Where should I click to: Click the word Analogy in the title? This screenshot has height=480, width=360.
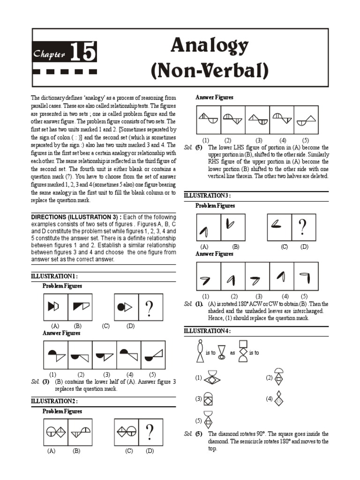[x=209, y=46]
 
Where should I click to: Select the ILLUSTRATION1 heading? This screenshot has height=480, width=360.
[x=54, y=276]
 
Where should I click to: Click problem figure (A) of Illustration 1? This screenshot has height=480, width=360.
[x=55, y=307]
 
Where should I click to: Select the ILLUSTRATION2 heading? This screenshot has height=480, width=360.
[x=54, y=401]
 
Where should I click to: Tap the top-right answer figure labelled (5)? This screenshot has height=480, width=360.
[x=306, y=120]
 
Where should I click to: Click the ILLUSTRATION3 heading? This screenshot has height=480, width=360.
[x=207, y=195]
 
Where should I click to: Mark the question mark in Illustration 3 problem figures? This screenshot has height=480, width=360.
[x=304, y=227]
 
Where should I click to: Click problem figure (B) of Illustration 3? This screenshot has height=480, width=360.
[x=232, y=227]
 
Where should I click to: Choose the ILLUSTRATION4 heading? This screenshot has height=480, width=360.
[x=207, y=331]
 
